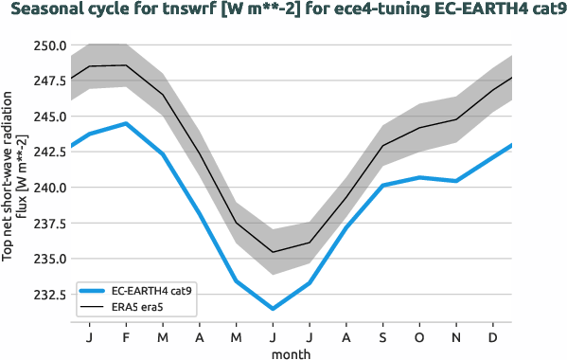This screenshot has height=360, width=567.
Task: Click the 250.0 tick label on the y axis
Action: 47,45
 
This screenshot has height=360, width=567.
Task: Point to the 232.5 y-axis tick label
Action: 47,295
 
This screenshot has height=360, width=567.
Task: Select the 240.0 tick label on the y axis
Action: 47,188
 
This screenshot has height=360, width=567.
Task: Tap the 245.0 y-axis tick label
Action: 47,117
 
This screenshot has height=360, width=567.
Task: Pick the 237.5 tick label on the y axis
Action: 47,224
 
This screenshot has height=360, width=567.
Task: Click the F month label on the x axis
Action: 126,338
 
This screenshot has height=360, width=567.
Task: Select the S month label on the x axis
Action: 382,338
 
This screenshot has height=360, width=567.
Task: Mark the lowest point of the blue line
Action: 273,309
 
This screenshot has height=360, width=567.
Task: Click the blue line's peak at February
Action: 126,123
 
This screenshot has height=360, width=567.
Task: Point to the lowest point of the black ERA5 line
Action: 273,252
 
